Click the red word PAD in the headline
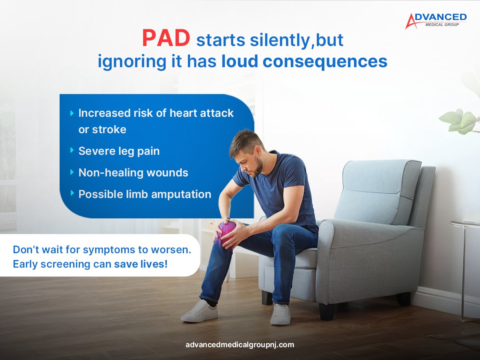(166, 39)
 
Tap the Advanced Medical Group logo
(436, 20)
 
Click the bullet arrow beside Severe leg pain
(72, 150)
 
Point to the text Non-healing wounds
(133, 173)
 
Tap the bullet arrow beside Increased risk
(72, 113)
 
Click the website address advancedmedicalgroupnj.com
(240, 344)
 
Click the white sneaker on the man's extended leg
(199, 312)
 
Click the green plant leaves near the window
(460, 120)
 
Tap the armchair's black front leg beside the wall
(403, 298)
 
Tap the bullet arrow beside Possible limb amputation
(72, 193)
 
